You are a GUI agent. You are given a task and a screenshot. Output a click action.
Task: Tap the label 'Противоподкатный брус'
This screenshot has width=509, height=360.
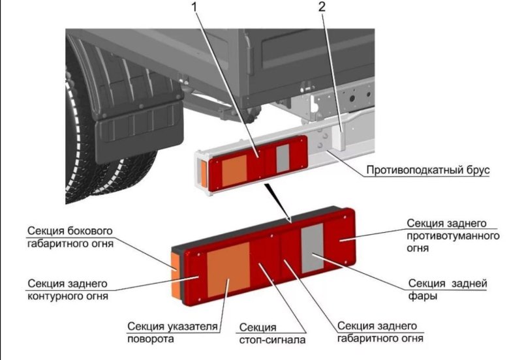click(427, 171)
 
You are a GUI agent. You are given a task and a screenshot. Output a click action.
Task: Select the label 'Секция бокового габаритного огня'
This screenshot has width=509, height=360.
click(70, 239)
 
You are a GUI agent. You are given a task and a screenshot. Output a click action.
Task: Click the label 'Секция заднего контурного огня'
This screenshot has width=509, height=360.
click(67, 290)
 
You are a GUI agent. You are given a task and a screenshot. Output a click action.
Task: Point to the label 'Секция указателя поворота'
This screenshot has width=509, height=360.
click(173, 333)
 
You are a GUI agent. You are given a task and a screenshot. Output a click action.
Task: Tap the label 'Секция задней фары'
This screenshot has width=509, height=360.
click(448, 290)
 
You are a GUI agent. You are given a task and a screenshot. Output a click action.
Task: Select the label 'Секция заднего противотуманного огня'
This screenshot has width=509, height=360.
click(450, 235)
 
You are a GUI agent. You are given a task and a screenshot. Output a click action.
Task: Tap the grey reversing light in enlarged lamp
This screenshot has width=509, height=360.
click(311, 249)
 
